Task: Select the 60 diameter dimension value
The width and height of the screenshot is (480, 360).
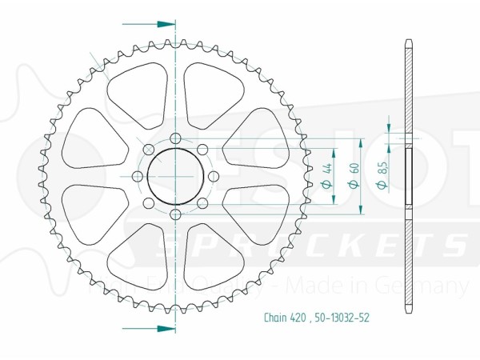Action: point(352,171)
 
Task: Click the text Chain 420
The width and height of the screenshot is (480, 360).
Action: point(283,318)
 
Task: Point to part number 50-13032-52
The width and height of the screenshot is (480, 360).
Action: point(342,318)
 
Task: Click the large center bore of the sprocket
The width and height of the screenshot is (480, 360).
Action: point(174,177)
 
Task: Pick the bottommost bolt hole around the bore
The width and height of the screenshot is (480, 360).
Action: point(175,214)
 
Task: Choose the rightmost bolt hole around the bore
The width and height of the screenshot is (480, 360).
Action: point(211,177)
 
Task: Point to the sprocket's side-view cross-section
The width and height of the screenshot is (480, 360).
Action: point(408,176)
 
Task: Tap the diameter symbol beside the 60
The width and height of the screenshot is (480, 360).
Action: point(352,186)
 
